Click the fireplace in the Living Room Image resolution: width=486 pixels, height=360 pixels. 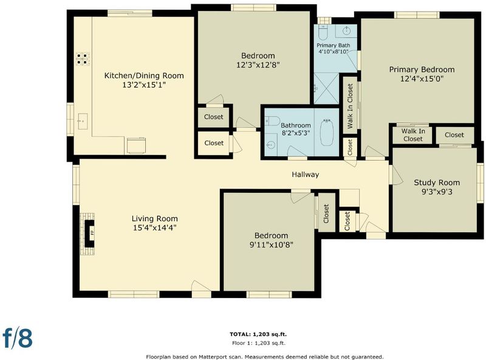87,234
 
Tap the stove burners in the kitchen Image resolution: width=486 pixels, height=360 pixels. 83,59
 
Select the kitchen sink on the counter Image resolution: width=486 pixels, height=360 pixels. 83,122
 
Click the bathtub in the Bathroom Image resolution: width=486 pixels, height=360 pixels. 326,132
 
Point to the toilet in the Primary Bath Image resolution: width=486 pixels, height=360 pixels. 323,32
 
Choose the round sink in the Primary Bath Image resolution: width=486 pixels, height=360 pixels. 346,30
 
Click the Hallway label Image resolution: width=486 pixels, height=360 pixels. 306,175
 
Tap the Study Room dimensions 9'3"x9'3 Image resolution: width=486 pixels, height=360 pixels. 437,192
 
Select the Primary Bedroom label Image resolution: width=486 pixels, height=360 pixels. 422,69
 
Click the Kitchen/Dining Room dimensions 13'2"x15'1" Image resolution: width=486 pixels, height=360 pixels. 144,85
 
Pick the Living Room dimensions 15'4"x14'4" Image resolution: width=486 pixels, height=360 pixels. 155,228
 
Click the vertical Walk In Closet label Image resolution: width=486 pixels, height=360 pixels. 351,106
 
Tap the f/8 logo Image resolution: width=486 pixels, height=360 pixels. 18,337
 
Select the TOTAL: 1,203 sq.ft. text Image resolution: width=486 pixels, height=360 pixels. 258,334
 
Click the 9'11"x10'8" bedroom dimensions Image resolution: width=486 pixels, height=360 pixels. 271,245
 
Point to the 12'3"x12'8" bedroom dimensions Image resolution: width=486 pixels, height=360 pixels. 258,65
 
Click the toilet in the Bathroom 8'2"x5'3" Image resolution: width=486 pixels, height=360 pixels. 272,121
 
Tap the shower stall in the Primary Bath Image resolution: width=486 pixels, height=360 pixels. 327,88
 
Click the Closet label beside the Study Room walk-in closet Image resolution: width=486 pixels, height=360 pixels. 454,135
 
